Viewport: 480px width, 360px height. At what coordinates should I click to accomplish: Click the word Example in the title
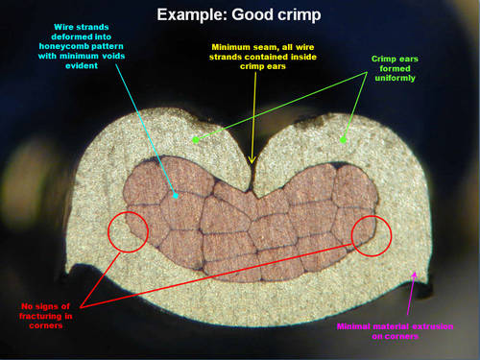(192, 14)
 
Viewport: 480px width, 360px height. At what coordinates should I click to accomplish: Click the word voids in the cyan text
(113, 56)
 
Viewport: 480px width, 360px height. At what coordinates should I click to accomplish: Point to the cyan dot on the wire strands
(176, 196)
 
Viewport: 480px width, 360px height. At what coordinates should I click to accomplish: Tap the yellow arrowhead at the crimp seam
(252, 160)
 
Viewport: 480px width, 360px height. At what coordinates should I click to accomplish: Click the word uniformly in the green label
(395, 79)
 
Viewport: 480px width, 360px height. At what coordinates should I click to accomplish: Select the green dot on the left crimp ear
(196, 139)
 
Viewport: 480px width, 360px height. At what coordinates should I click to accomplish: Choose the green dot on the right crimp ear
(343, 140)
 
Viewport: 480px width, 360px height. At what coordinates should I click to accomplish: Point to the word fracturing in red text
(40, 317)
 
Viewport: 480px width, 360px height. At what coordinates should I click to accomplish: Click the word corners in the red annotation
(46, 325)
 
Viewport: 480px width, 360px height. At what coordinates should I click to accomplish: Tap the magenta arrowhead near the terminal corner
(415, 276)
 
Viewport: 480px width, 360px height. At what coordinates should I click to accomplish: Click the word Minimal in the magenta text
(353, 326)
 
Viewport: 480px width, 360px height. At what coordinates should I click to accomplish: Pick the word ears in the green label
(409, 60)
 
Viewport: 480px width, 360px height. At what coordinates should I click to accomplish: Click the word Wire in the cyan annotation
(63, 27)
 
